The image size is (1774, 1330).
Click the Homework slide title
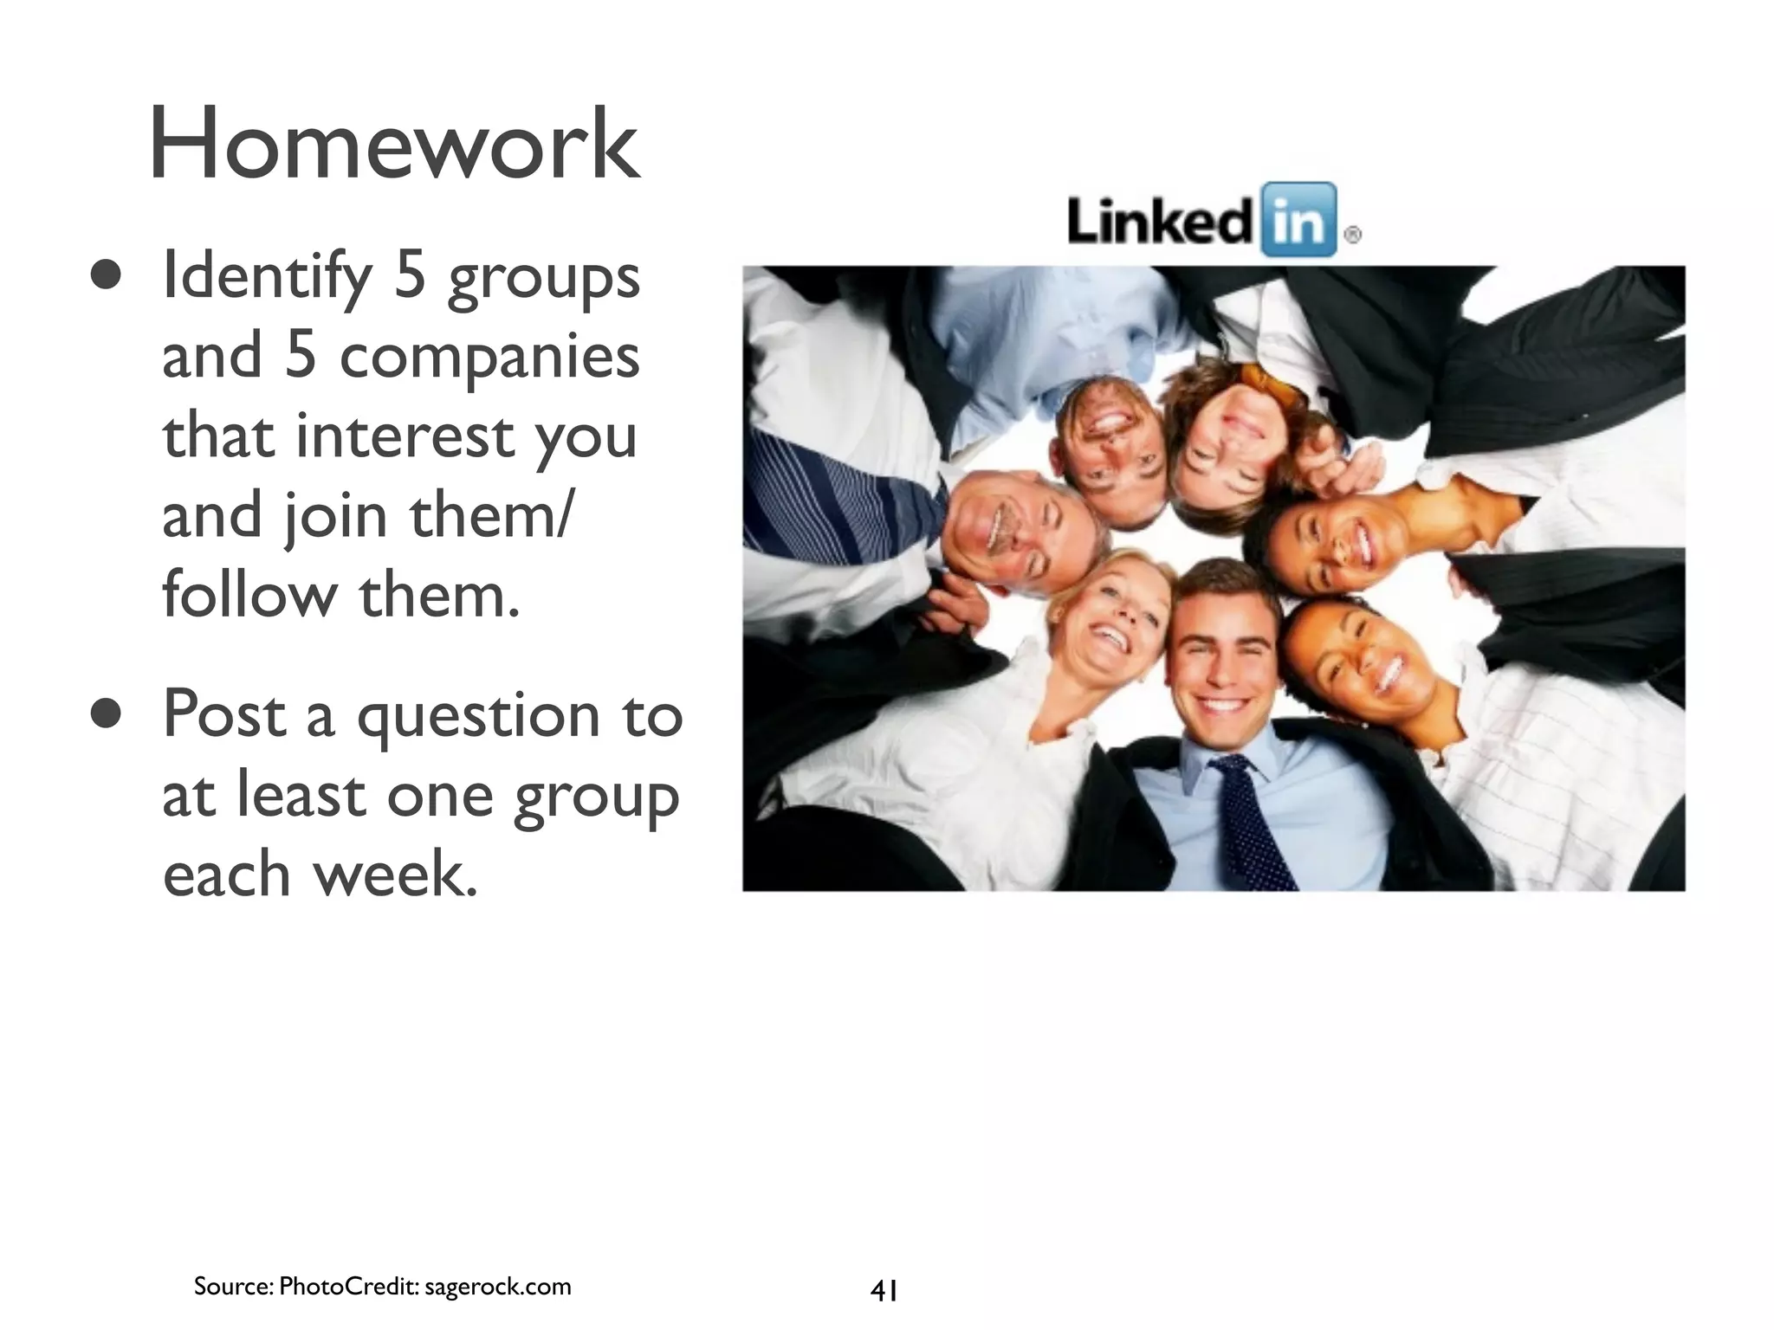(x=394, y=144)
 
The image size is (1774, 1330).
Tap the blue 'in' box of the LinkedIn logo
(x=1298, y=220)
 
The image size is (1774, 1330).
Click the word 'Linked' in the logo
(x=1159, y=222)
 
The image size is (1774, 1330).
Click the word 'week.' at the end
(x=395, y=875)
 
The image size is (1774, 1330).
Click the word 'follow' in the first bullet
(x=249, y=597)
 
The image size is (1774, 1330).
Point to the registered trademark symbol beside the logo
(x=1352, y=234)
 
